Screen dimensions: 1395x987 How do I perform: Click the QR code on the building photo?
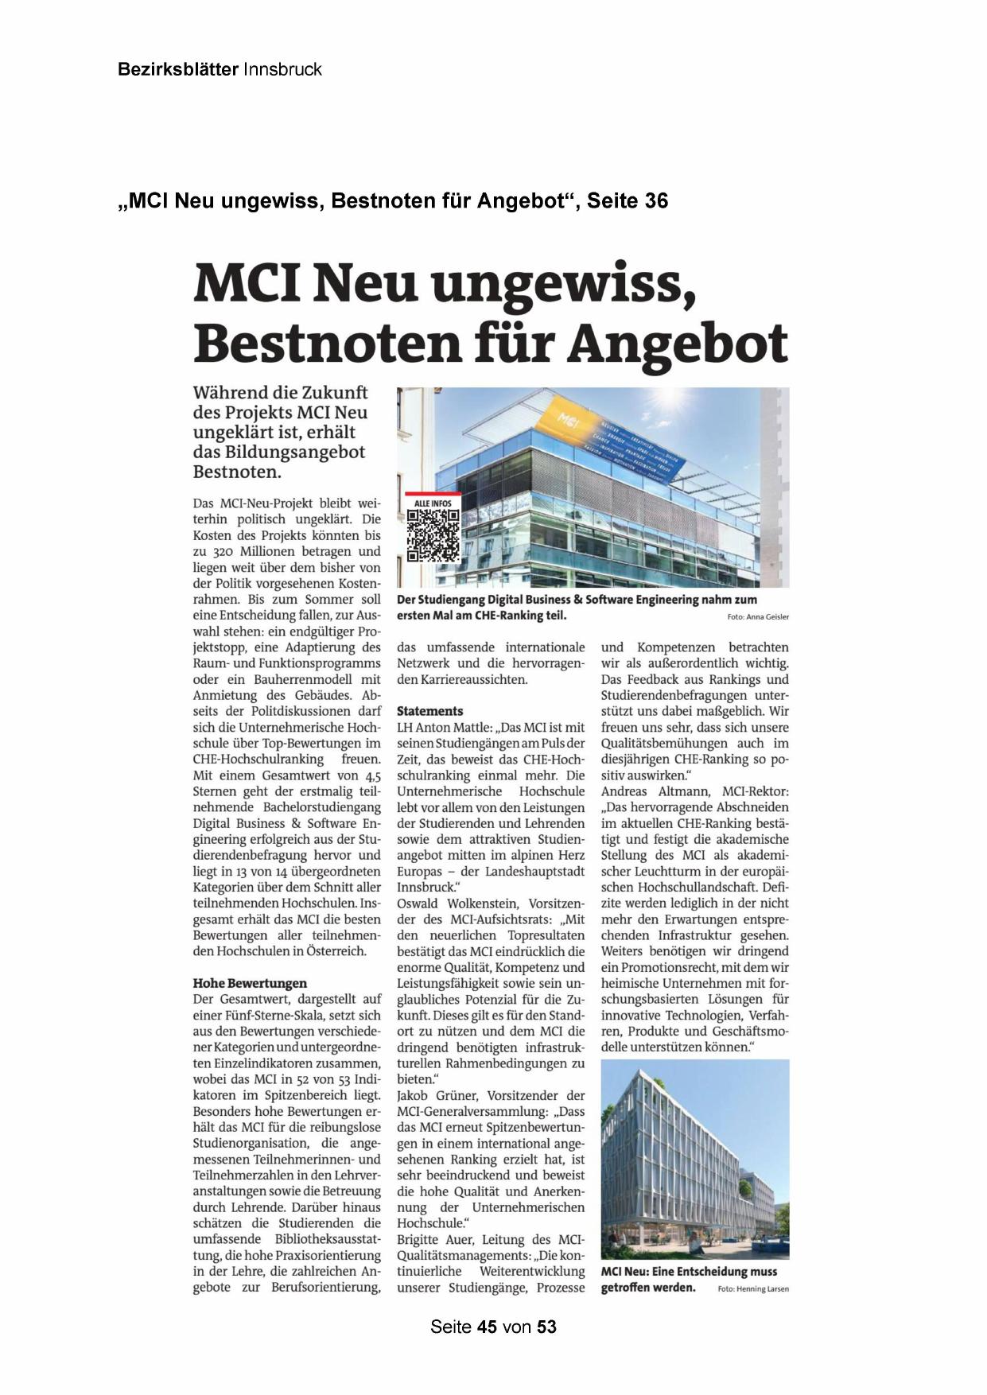click(433, 534)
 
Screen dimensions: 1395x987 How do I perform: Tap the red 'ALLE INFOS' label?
click(433, 503)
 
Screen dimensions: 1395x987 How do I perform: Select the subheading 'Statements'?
click(429, 711)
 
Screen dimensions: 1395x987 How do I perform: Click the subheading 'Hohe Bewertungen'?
click(250, 983)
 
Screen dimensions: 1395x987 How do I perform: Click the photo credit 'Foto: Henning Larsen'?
click(753, 1288)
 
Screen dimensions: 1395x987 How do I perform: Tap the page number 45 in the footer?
click(488, 1327)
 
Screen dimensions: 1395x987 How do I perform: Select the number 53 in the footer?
click(546, 1327)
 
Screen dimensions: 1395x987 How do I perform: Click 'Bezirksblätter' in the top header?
click(177, 69)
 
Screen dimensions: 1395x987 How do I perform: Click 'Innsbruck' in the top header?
click(282, 69)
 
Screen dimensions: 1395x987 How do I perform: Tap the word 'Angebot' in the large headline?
click(678, 344)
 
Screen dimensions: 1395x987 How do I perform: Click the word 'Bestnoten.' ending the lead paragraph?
click(237, 472)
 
